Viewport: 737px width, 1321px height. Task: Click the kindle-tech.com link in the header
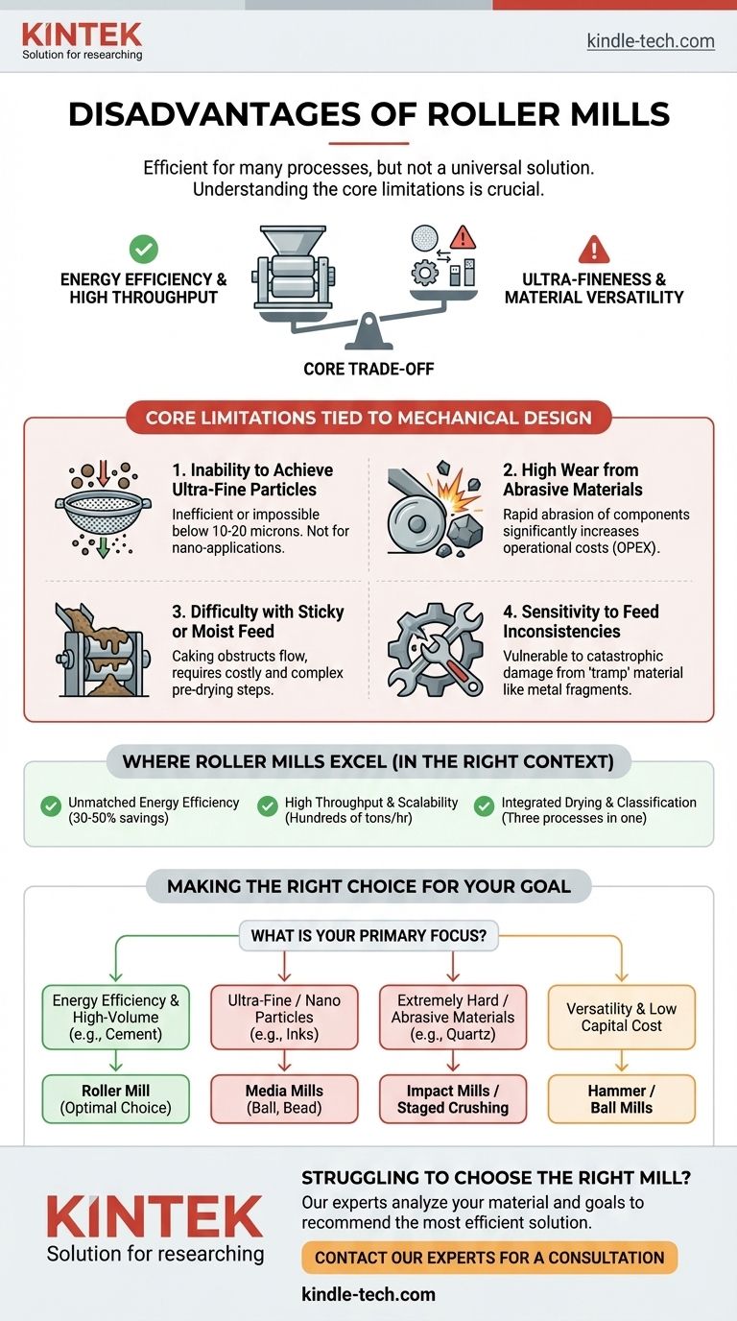click(x=650, y=40)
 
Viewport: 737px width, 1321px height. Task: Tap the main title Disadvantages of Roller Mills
click(x=368, y=116)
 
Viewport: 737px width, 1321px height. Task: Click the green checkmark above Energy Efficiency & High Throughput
click(x=143, y=250)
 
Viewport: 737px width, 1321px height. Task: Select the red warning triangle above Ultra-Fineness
click(x=594, y=250)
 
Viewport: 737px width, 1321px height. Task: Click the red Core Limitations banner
click(x=368, y=418)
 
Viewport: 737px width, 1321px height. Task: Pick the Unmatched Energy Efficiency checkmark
click(x=51, y=806)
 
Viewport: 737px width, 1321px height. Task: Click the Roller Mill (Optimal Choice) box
click(x=116, y=1098)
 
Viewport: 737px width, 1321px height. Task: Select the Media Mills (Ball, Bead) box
click(x=285, y=1098)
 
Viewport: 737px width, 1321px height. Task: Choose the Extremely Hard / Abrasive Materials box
click(x=453, y=1017)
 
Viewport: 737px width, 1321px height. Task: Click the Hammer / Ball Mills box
click(x=622, y=1098)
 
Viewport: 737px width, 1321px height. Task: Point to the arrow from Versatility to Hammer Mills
click(x=622, y=1061)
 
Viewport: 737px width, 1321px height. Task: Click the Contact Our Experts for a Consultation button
click(x=489, y=1257)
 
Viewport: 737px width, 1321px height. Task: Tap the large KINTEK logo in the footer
click(x=154, y=1218)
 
